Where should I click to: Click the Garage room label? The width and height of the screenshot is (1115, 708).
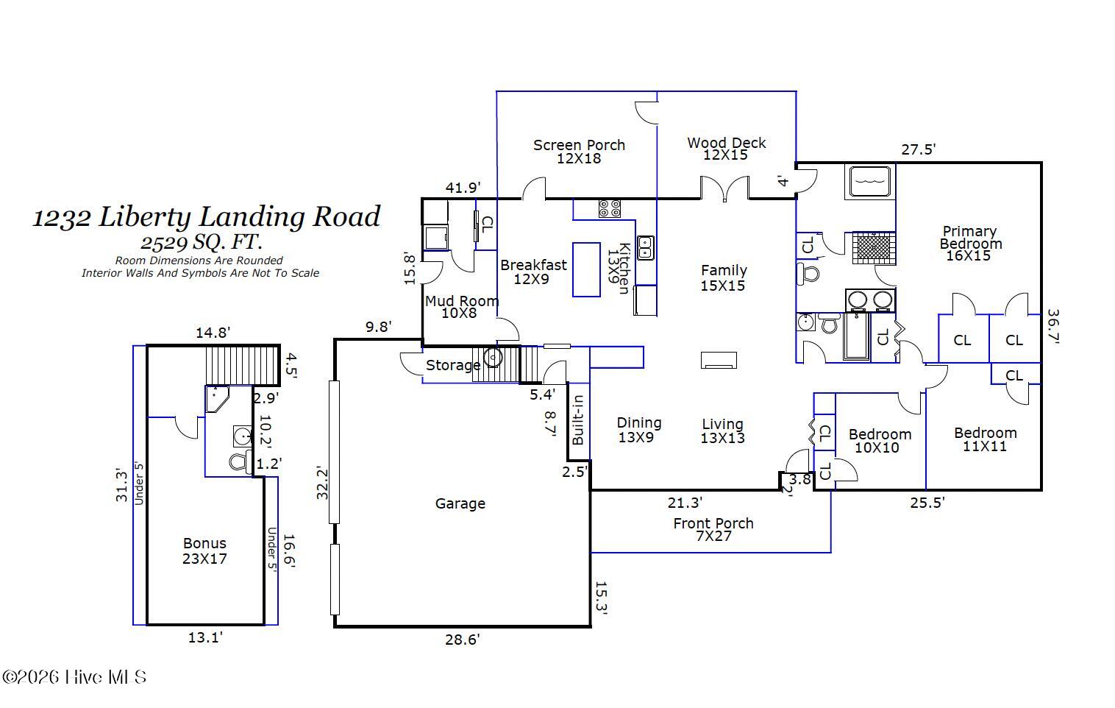click(x=460, y=503)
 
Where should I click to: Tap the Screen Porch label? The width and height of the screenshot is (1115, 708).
click(x=579, y=151)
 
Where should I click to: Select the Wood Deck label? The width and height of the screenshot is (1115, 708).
click(x=726, y=148)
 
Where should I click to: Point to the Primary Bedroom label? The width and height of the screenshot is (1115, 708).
click(x=969, y=243)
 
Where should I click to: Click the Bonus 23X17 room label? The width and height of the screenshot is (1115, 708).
click(x=204, y=551)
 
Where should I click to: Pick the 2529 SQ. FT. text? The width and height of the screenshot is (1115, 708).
click(x=202, y=241)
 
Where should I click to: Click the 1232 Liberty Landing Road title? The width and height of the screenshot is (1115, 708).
click(x=206, y=216)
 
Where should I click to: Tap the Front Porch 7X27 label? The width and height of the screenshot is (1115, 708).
click(x=713, y=529)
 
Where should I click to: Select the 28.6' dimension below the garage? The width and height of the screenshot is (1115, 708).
click(x=462, y=640)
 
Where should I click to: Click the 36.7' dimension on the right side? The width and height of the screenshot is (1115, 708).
click(x=1052, y=325)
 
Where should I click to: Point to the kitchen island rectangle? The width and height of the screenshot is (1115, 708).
click(x=586, y=269)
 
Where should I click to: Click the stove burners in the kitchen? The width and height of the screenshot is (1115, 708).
click(x=609, y=208)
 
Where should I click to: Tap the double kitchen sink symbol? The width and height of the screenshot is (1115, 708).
click(x=645, y=248)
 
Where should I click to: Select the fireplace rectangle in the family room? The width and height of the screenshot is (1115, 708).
click(x=719, y=360)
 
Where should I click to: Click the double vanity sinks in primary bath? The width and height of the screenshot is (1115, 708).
click(x=869, y=300)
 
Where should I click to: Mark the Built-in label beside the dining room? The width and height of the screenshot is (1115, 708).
click(x=578, y=420)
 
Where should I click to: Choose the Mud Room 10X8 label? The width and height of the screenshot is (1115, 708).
click(x=461, y=306)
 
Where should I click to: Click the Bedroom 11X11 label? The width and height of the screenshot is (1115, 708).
click(x=985, y=439)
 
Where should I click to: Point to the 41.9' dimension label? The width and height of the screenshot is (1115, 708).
click(x=463, y=188)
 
